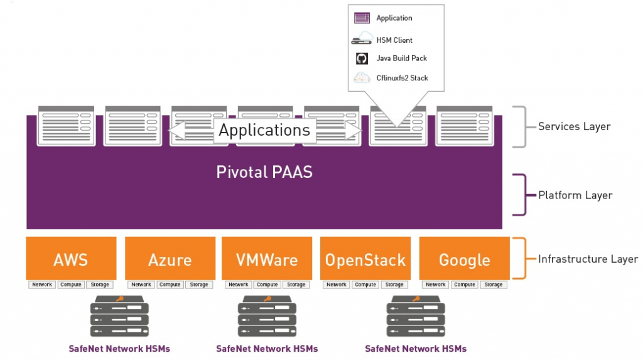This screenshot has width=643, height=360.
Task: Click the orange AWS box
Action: click(71, 258)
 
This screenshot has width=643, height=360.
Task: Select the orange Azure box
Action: click(170, 258)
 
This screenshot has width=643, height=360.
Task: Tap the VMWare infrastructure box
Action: click(267, 258)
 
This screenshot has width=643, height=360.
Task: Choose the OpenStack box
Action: click(365, 258)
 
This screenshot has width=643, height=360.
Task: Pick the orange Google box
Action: click(464, 258)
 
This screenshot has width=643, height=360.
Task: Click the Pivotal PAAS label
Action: click(264, 172)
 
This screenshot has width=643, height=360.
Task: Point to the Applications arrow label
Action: click(264, 130)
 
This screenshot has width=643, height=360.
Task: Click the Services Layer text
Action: click(574, 126)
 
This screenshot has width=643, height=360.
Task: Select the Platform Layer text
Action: click(575, 195)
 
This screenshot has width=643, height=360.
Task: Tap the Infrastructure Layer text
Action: click(588, 259)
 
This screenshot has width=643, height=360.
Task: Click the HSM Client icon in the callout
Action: click(362, 40)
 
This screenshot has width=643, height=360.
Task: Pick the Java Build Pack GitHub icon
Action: click(362, 58)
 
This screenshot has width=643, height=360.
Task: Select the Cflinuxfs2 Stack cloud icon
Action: click(362, 78)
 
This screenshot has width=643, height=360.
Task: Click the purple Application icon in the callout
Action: click(362, 18)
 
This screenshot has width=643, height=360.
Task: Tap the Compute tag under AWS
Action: click(71, 285)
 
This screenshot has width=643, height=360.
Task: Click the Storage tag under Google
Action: click(494, 285)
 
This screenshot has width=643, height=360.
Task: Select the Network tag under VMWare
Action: click(239, 285)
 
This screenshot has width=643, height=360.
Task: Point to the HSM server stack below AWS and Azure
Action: click(120, 317)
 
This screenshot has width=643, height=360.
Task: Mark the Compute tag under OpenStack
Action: click(365, 285)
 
